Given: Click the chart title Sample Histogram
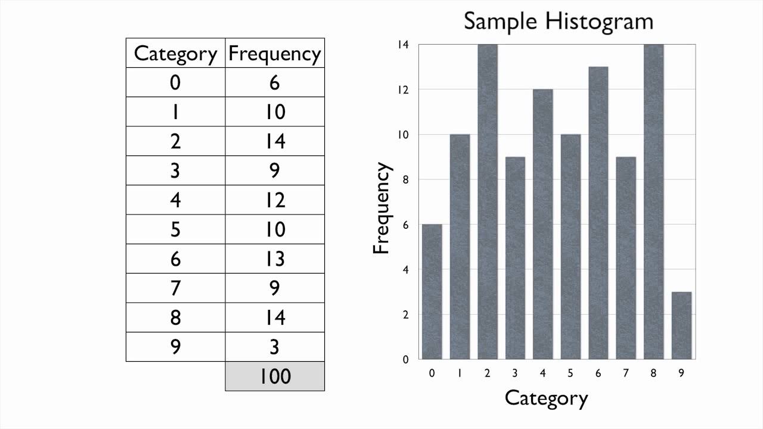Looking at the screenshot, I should (559, 21).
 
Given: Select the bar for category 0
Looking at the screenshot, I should (432, 291).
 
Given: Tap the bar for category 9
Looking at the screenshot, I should (681, 325).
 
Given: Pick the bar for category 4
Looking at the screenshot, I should (542, 224).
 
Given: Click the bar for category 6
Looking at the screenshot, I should (598, 213).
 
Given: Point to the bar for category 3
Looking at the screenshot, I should (515, 258).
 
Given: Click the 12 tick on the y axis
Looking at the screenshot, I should (405, 90).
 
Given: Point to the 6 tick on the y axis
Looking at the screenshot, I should (405, 225).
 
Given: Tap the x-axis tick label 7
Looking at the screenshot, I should (626, 374).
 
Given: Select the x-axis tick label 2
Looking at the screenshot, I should (487, 374).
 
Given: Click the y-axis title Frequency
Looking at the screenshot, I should (382, 209).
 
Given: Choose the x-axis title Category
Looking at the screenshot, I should (546, 398).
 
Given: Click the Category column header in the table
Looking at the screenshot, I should (175, 54).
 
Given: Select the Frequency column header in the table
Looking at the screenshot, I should (275, 54).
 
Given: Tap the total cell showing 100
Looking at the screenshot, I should (275, 376).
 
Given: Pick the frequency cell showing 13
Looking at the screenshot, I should (275, 259).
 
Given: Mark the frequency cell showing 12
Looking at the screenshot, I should (275, 200).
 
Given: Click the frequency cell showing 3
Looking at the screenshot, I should (275, 347).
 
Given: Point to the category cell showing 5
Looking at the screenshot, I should (175, 229).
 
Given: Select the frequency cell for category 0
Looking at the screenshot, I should (275, 82).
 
